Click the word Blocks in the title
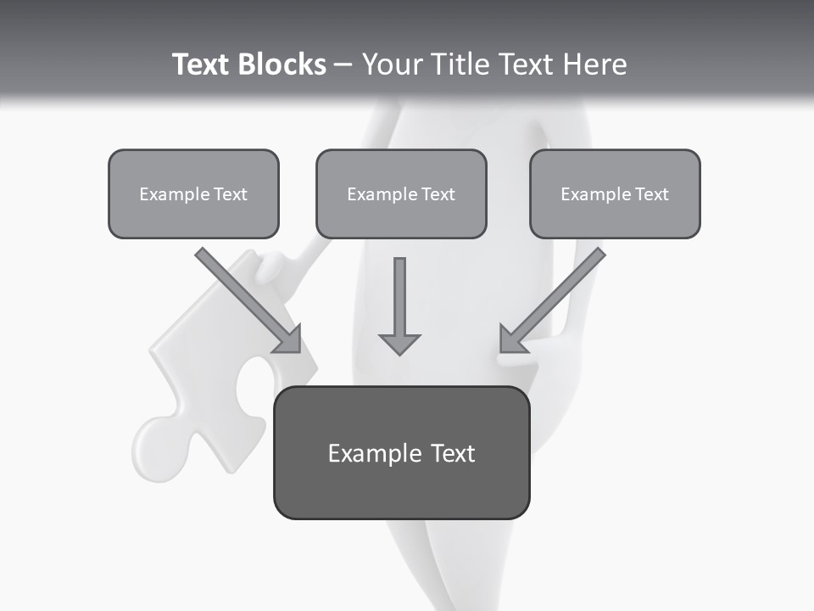[x=282, y=64]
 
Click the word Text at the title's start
[x=202, y=64]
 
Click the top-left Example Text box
[x=193, y=194]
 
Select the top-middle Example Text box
[x=401, y=194]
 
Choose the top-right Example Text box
[x=615, y=194]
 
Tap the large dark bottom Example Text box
[x=401, y=453]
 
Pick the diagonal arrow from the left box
[x=246, y=297]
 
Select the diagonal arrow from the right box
[x=555, y=297]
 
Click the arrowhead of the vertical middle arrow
[x=399, y=344]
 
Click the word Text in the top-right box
[x=651, y=194]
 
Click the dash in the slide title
[x=343, y=64]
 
